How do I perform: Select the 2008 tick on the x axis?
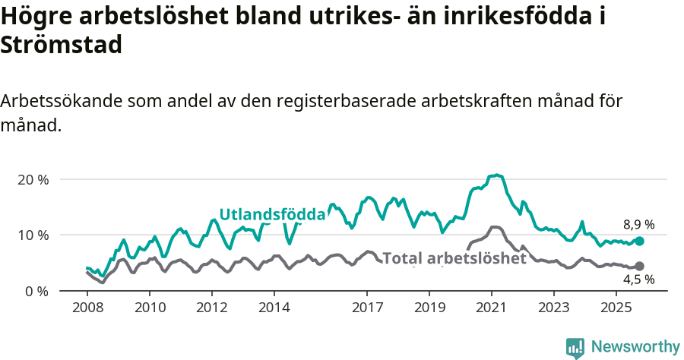point(87,308)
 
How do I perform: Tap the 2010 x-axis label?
point(150,308)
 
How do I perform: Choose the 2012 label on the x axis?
point(212,308)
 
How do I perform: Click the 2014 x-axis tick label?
point(274,308)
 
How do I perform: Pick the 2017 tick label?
point(367,308)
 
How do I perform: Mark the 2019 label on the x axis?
point(429,308)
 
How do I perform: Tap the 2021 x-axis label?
point(492,308)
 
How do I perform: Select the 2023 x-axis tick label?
point(554,308)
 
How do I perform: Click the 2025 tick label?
point(616,308)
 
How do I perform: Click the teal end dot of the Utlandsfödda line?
point(639,241)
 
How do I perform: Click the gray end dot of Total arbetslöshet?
point(639,266)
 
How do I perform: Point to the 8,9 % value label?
point(638,225)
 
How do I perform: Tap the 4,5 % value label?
point(638,279)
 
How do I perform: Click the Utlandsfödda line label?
point(272,214)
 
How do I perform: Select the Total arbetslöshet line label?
point(454,258)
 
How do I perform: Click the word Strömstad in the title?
point(62,45)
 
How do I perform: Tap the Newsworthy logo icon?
point(575,347)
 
